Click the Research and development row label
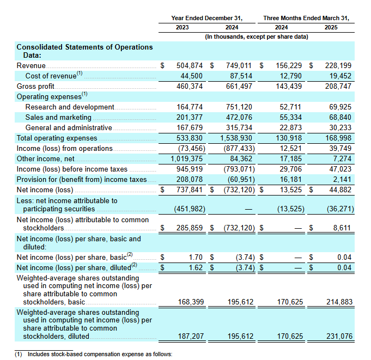[70, 107]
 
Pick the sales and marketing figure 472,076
[240, 117]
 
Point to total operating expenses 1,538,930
[238, 138]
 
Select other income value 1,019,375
[184, 159]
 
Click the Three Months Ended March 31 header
[306, 18]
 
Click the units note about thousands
[256, 36]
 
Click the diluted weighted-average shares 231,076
[338, 337]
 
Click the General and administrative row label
[69, 127]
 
